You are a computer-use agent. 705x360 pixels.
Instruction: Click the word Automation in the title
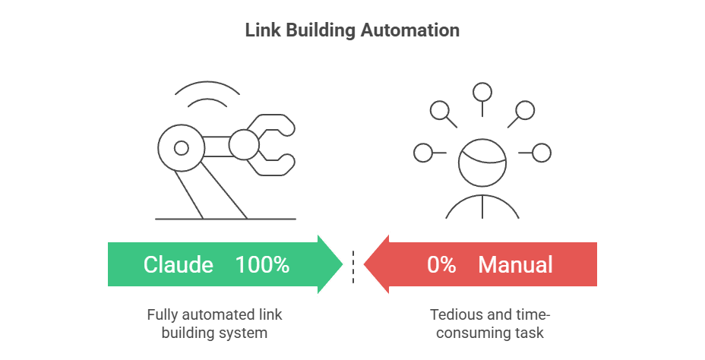416,31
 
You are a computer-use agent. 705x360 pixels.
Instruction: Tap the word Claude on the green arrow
179,264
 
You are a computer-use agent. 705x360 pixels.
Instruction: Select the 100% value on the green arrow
262,264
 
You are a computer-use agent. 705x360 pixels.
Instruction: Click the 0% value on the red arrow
441,264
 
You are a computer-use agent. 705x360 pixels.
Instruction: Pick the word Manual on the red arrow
516,264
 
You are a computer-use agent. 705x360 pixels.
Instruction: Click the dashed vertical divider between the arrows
353,266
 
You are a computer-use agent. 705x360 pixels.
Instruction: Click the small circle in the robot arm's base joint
181,147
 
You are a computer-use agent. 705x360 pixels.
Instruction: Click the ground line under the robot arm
225,219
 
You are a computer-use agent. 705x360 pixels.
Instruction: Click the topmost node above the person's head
482,93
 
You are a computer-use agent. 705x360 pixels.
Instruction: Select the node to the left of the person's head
423,153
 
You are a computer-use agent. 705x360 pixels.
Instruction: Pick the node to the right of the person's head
541,153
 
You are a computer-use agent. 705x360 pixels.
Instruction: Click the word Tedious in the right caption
453,314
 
